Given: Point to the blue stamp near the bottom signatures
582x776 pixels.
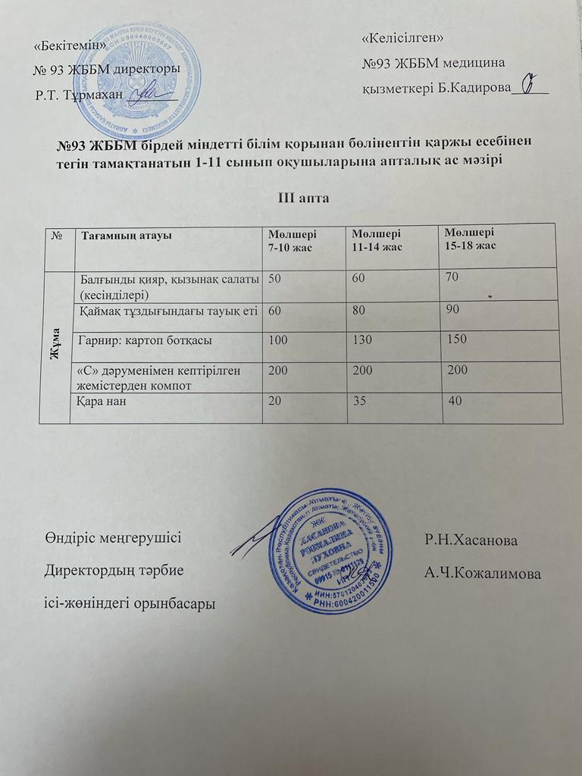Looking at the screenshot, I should [335, 550].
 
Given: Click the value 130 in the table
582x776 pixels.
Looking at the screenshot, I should [362, 340].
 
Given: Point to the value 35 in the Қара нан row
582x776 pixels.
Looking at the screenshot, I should [357, 400].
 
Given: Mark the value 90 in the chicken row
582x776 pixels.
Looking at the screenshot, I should [453, 309].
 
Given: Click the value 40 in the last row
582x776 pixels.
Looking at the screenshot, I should [455, 400].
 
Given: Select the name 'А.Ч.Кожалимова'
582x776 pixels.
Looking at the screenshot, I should [483, 574].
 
